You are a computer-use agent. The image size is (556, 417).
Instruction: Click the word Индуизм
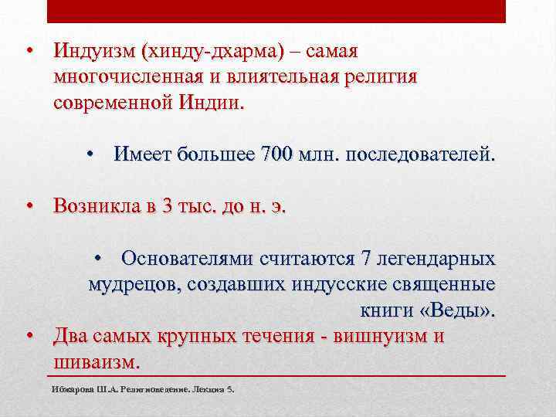(x=93, y=52)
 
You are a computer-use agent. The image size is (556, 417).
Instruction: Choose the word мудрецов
(x=132, y=283)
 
